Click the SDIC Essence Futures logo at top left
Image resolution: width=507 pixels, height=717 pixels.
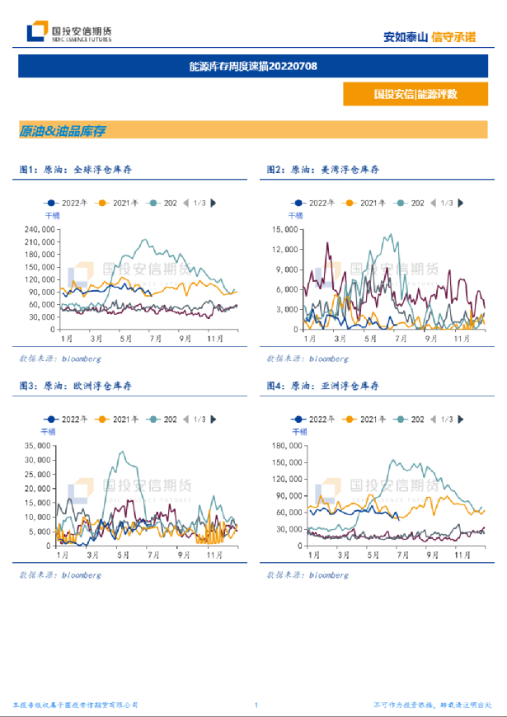click(x=69, y=33)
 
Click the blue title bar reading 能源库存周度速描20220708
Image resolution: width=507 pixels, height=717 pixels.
click(x=253, y=66)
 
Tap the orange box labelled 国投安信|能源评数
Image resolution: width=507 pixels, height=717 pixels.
click(x=415, y=94)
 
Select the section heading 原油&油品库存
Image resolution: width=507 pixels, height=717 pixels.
click(x=63, y=130)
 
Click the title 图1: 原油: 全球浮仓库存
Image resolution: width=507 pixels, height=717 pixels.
click(x=76, y=169)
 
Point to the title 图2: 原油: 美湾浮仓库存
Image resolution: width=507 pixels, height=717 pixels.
click(x=323, y=169)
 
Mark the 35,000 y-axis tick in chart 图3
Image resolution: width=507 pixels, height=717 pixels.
click(x=39, y=446)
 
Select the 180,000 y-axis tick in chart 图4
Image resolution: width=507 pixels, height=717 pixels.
click(x=288, y=446)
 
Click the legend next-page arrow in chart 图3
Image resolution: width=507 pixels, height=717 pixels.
click(x=214, y=419)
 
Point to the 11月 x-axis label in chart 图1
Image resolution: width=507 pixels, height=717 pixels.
click(x=217, y=339)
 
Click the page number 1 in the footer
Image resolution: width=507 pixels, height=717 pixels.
click(x=256, y=705)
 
